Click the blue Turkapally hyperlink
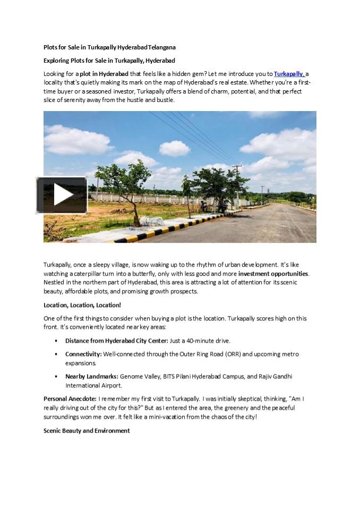(x=289, y=74)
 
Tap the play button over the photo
(x=62, y=195)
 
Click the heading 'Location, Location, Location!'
(x=82, y=305)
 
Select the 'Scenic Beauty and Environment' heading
(x=87, y=430)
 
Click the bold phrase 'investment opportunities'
(x=273, y=274)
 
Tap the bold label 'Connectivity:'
(x=83, y=354)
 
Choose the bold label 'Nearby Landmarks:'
(x=92, y=376)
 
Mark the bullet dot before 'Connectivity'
(x=57, y=354)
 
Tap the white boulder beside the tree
(x=152, y=221)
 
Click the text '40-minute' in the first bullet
(x=201, y=341)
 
